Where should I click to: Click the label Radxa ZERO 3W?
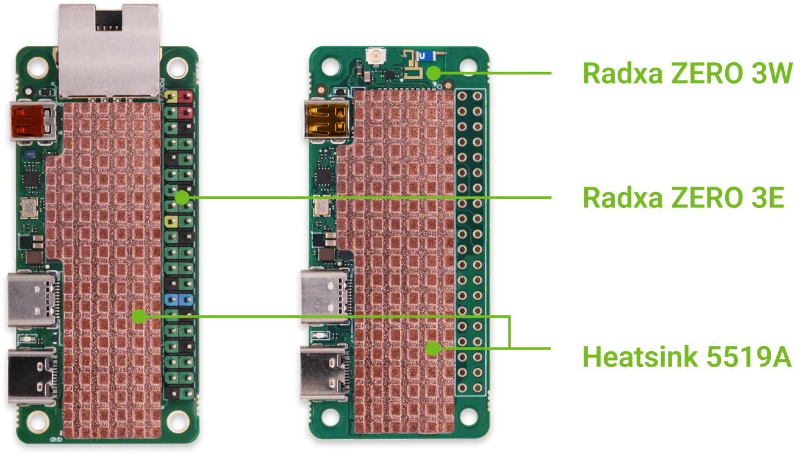686,73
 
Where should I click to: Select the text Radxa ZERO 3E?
683,198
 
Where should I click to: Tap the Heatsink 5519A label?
686,356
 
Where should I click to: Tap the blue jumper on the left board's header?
179,299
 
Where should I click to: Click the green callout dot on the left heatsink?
139,316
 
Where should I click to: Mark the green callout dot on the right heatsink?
432,349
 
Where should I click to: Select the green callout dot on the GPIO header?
181,198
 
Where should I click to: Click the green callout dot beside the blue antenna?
433,73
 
